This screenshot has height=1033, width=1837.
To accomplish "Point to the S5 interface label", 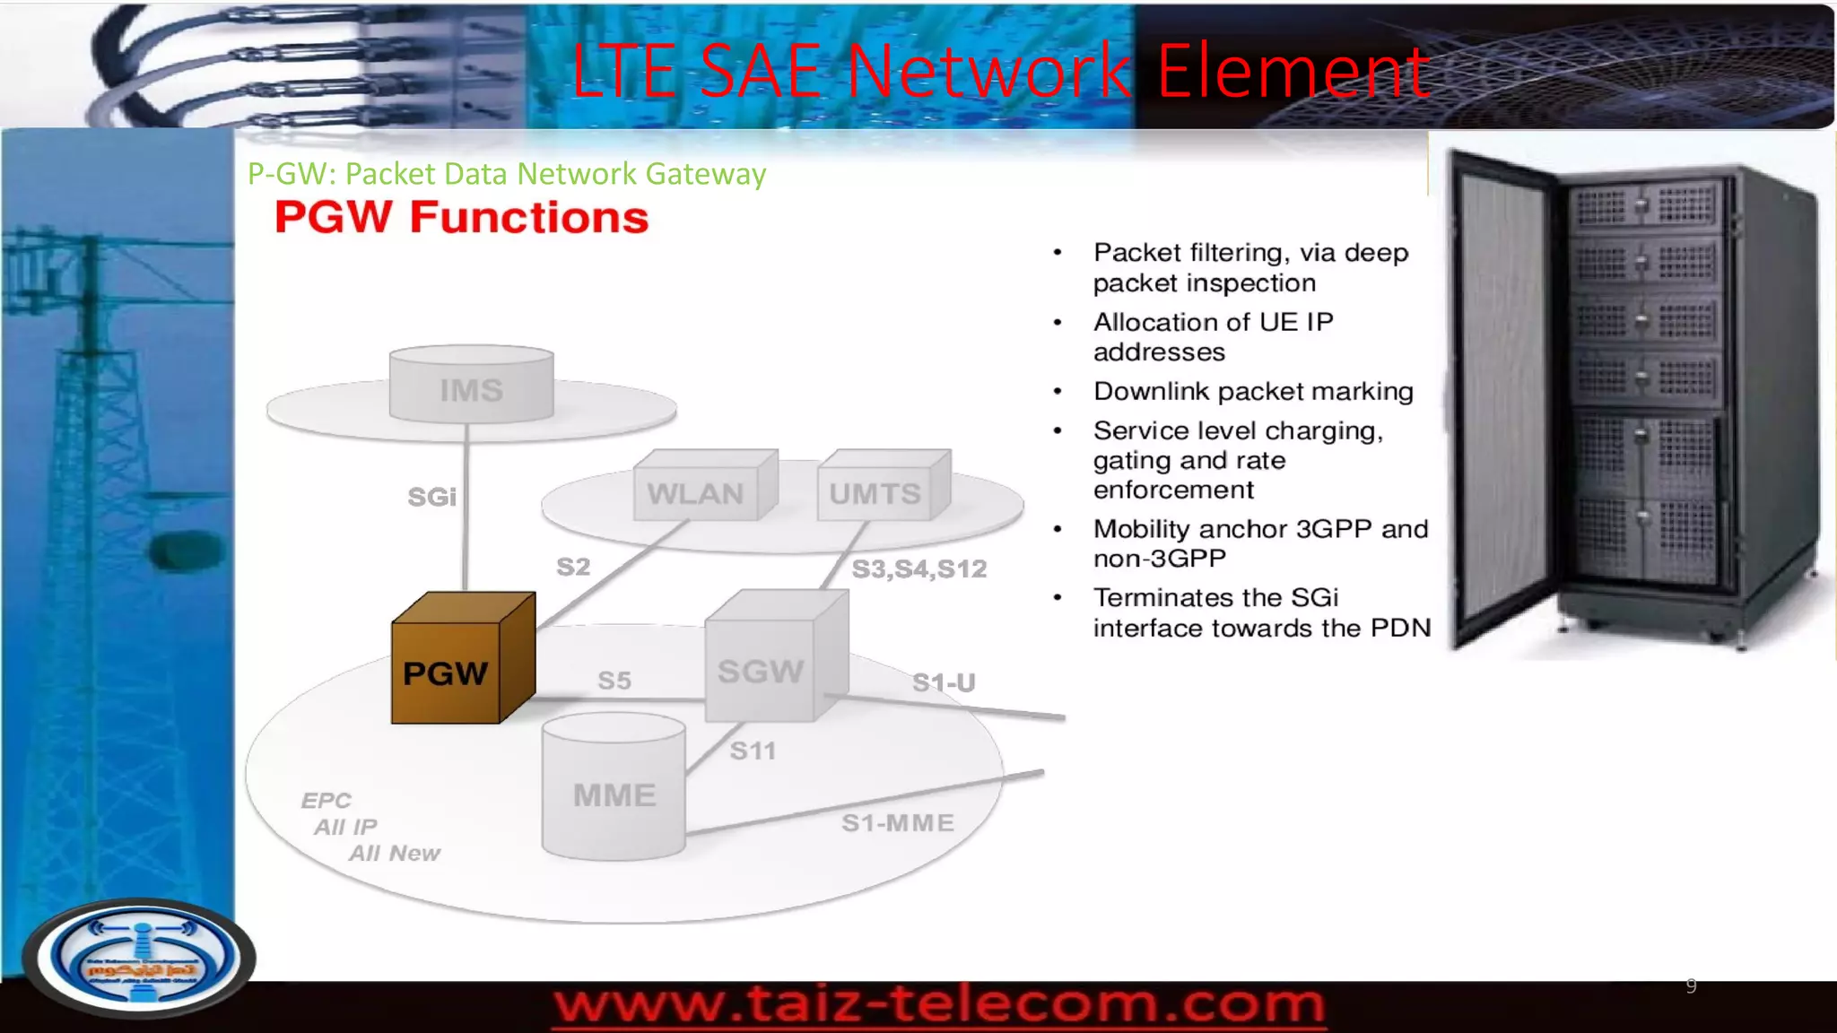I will pos(614,681).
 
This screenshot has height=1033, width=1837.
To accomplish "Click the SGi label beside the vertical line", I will pos(431,497).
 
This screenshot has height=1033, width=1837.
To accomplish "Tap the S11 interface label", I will pos(753,751).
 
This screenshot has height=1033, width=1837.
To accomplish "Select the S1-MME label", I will pos(898,822).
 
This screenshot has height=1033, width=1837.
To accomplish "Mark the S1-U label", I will pos(944,682).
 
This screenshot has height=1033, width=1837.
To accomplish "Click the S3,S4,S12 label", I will pos(918,569).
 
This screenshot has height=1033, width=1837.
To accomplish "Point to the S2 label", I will pos(573,567).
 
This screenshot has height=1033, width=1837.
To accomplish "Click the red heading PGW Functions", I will pos(461,218).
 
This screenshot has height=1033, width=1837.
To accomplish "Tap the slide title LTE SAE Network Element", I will pos(1000,72).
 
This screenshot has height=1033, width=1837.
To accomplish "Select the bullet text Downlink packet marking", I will pos(1253,392).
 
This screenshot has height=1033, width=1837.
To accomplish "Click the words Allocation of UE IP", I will pos(1213,322).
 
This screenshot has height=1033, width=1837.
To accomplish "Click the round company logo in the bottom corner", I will pos(140,958).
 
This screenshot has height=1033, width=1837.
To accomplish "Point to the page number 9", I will pos(1691,985).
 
